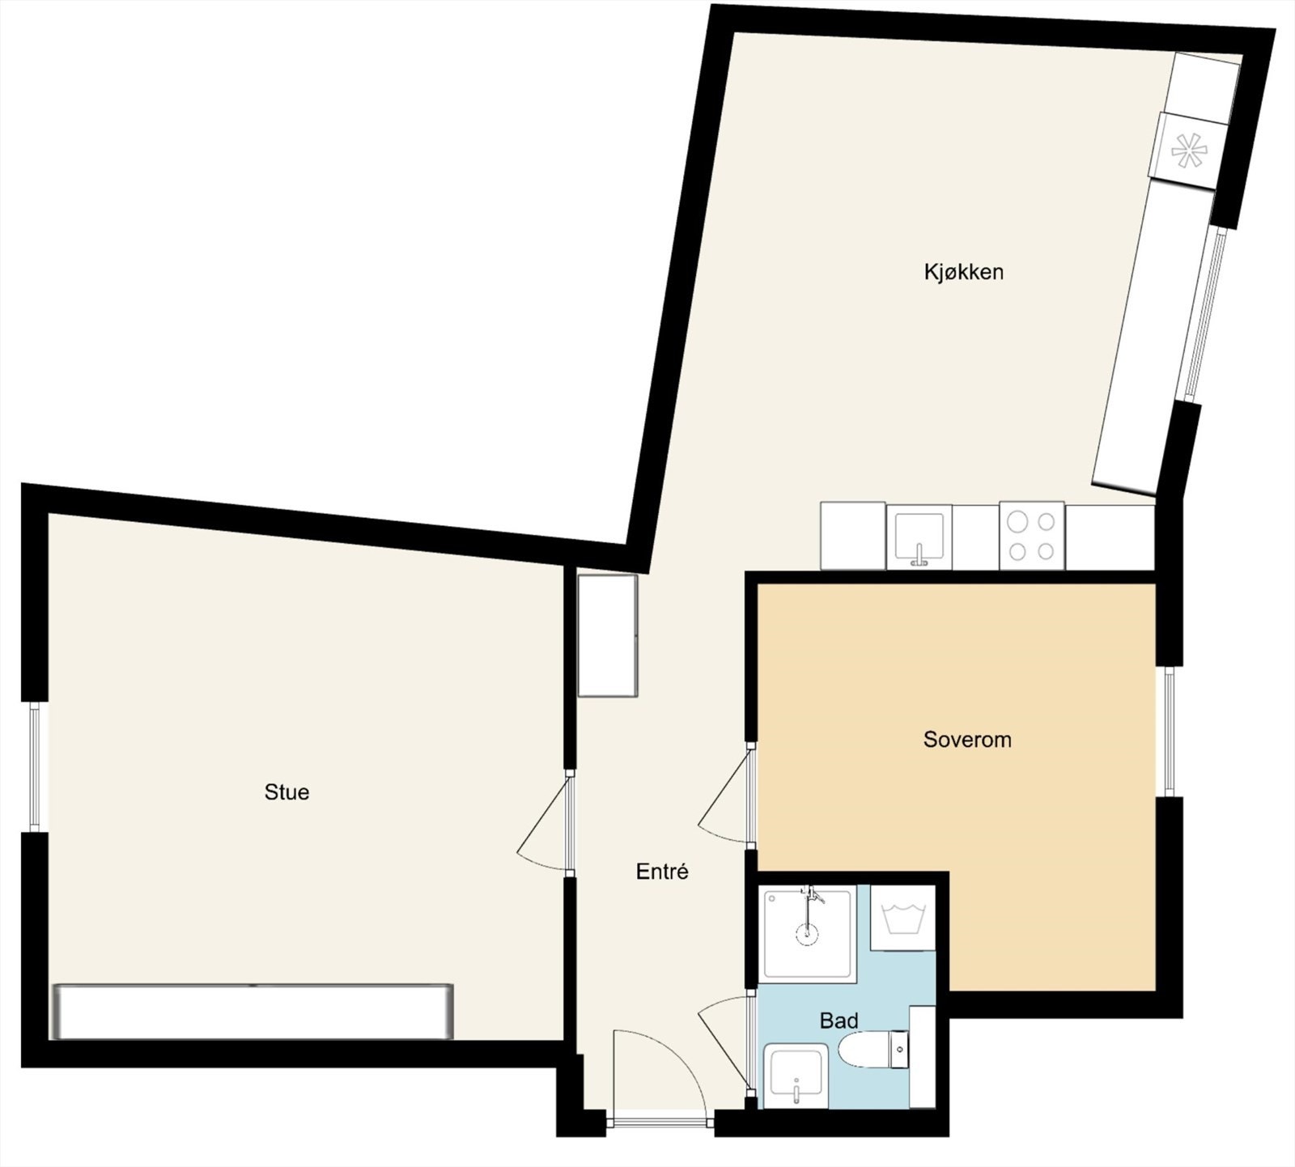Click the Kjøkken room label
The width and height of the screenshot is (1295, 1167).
[x=963, y=272]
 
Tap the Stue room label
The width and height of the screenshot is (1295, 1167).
[x=287, y=792]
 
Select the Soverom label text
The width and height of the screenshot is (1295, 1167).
[x=967, y=740]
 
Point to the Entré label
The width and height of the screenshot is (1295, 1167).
[x=662, y=872]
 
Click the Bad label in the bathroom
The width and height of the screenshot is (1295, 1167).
[x=839, y=1021]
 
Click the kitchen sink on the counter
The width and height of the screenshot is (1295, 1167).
[x=919, y=537]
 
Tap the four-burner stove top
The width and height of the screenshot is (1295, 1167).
[x=1032, y=536]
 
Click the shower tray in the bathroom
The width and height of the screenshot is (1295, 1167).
[x=808, y=935]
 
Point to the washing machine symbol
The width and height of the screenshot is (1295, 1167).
[x=902, y=919]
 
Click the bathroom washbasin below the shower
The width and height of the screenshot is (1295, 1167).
[x=796, y=1076]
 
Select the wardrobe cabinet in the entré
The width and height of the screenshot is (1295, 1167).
[x=608, y=635]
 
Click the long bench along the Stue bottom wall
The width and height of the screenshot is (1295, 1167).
[x=253, y=1012]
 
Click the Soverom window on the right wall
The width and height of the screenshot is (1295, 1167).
[x=1170, y=732]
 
